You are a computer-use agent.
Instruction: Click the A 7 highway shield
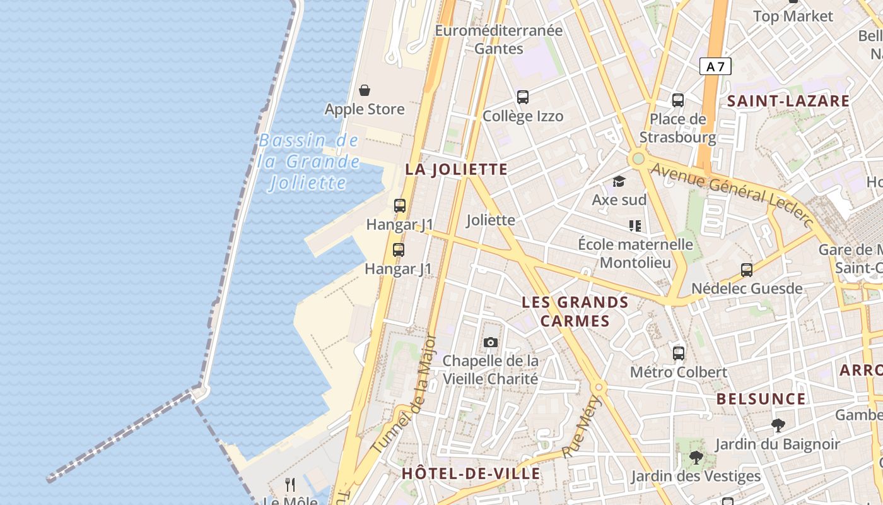tap(715, 66)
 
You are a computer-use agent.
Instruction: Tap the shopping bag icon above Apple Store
tap(365, 91)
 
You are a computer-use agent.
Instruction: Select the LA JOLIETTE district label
tap(456, 169)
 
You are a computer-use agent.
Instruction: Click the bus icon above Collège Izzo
tap(523, 97)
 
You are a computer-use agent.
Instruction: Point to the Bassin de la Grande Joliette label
tap(308, 162)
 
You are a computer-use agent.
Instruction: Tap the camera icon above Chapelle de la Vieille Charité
tap(491, 343)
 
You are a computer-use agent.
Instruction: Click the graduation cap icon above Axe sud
tap(619, 182)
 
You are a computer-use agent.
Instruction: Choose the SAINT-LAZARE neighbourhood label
tap(788, 101)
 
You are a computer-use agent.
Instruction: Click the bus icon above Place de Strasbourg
tap(678, 100)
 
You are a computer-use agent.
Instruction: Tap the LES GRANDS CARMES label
tap(575, 312)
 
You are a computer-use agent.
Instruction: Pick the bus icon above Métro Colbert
tap(679, 353)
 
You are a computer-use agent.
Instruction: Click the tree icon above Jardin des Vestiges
tap(696, 458)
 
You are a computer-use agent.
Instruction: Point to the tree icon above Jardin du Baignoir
tap(778, 425)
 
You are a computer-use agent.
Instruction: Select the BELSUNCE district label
tap(761, 399)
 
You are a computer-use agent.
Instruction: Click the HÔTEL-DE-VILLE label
tap(471, 473)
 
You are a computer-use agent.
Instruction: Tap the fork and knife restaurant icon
tap(290, 485)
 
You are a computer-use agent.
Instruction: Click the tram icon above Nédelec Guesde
tap(747, 270)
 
